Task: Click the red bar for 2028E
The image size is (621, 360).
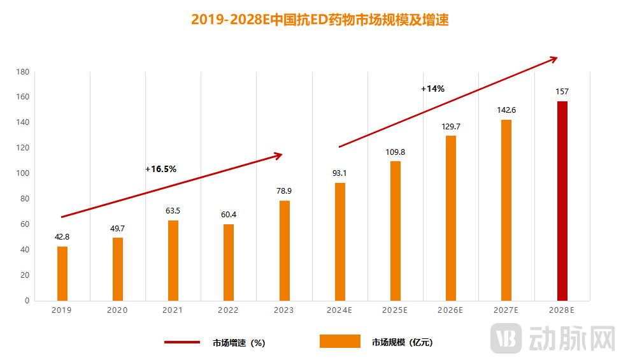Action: coord(562,201)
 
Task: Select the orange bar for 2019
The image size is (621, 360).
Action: coord(62,273)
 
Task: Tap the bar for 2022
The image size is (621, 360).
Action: coord(229,262)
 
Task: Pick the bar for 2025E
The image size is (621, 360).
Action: coord(396,231)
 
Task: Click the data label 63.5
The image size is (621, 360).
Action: coord(173,211)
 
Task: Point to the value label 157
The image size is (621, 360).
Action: coord(562,92)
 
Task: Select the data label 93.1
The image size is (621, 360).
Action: coord(339,173)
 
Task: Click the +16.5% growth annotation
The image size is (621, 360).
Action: coord(161,169)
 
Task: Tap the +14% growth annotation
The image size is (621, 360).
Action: coord(432,89)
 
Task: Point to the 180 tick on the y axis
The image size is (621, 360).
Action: coord(23,72)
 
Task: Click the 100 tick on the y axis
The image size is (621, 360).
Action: coord(23,173)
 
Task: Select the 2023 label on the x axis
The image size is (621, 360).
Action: coord(283,310)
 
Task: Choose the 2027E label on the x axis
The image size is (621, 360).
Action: coord(506,310)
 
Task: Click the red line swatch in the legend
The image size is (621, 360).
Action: coord(182,342)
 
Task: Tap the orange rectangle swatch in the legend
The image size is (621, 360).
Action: coord(339,342)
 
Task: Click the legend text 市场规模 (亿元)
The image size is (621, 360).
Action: coord(402,343)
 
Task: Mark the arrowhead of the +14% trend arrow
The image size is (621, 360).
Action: coord(553,59)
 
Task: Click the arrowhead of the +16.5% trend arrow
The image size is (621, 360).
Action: coord(278,155)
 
